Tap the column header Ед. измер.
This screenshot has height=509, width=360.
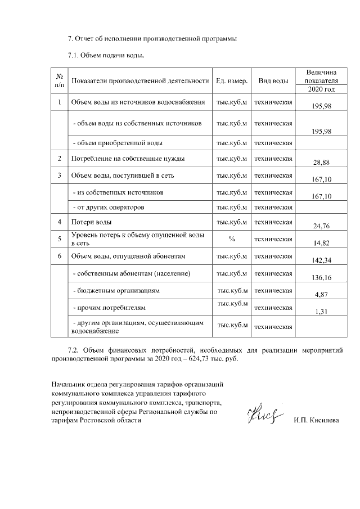(x=232, y=81)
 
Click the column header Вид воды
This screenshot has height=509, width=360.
(x=273, y=81)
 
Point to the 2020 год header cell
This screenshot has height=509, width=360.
(x=322, y=89)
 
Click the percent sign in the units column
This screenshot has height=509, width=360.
(x=232, y=239)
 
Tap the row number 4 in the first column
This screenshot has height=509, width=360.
(x=59, y=223)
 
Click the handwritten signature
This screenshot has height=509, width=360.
(x=262, y=417)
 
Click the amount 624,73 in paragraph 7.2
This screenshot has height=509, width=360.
(x=206, y=359)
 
